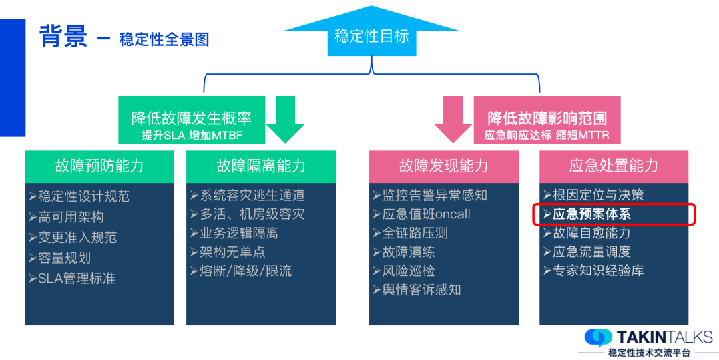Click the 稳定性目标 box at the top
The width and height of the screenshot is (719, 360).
[371, 37]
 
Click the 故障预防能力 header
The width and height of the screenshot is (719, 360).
[99, 166]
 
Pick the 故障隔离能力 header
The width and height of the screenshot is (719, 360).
[261, 166]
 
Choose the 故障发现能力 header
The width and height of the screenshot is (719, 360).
[443, 166]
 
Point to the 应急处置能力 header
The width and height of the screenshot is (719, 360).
[613, 166]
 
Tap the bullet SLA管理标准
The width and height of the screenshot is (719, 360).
[76, 278]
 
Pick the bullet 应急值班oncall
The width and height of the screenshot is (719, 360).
[426, 214]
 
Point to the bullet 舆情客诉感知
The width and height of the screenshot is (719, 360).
[421, 290]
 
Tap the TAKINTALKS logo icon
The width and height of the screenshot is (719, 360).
[598, 337]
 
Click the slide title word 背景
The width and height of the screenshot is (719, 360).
[63, 36]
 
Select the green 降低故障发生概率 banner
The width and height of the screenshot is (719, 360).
[192, 120]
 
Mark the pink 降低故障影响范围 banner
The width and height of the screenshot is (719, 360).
[547, 120]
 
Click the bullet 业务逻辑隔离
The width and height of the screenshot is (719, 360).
[238, 233]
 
